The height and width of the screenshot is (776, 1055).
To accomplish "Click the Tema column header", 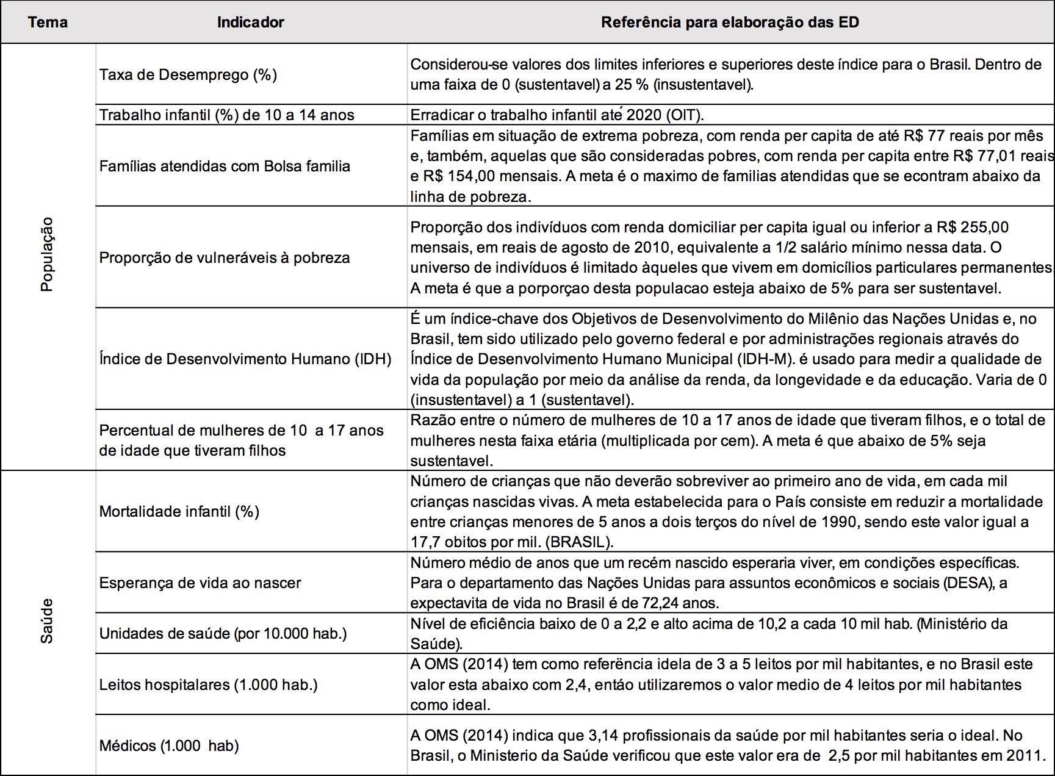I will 48,23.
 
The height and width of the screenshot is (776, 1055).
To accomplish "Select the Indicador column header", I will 250,23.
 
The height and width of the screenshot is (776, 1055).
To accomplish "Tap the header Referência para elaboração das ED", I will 730,23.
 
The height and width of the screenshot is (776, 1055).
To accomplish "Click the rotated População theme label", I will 47,254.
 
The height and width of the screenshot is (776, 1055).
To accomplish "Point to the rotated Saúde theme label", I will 47,620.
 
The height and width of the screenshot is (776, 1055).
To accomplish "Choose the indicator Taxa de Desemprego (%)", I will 188,74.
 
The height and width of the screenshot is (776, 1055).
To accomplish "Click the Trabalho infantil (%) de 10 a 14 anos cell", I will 226,115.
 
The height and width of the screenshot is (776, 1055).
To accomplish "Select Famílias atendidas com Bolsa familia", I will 225,166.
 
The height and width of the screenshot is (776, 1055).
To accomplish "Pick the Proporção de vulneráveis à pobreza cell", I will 225,257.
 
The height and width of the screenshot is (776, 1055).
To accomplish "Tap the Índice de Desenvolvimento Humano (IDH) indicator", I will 245,359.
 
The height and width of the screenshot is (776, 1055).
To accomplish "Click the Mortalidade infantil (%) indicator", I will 179,511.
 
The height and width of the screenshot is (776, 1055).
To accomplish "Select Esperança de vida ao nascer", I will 200,583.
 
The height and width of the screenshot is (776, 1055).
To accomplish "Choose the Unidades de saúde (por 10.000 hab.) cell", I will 223,633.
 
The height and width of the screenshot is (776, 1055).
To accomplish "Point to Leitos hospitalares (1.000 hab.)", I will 209,684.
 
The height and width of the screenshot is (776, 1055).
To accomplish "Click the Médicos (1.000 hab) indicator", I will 169,745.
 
